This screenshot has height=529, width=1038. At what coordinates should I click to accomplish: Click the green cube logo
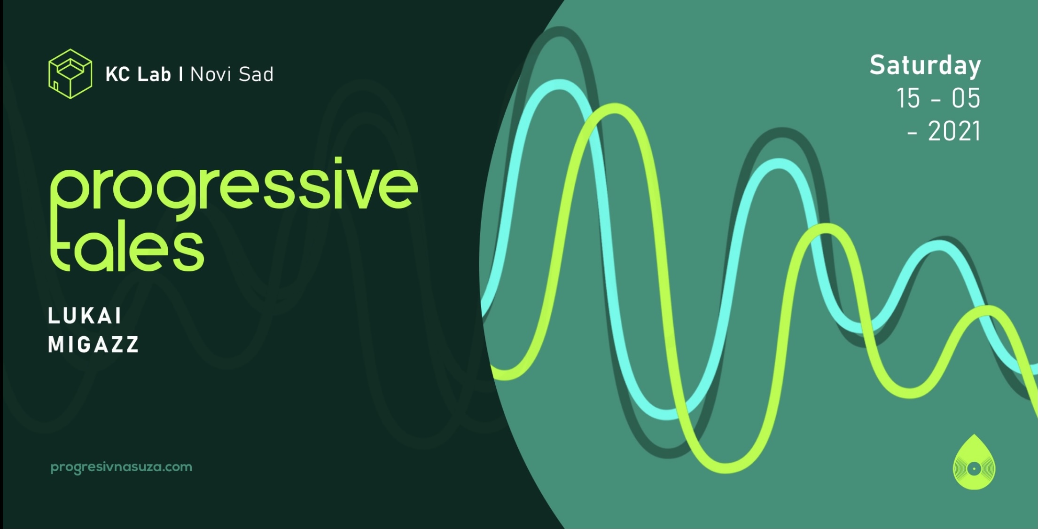pyautogui.click(x=70, y=74)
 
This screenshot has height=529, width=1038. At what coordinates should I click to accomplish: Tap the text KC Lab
pyautogui.click(x=138, y=74)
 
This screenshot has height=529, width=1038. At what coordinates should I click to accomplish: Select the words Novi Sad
pyautogui.click(x=232, y=74)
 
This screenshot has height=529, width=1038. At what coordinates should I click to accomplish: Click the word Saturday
pyautogui.click(x=925, y=66)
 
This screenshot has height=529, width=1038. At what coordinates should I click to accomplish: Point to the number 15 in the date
pyautogui.click(x=908, y=98)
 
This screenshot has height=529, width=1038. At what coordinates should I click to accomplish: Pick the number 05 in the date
pyautogui.click(x=966, y=98)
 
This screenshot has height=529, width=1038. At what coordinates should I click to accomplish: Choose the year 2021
pyautogui.click(x=954, y=131)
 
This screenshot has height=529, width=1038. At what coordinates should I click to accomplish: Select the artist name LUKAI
pyautogui.click(x=85, y=316)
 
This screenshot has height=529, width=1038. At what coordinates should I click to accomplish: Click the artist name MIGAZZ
pyautogui.click(x=94, y=345)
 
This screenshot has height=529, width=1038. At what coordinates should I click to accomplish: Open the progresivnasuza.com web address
pyautogui.click(x=121, y=467)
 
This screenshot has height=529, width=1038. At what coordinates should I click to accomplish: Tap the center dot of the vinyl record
pyautogui.click(x=974, y=468)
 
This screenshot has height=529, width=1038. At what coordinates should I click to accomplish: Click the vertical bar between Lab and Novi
pyautogui.click(x=181, y=74)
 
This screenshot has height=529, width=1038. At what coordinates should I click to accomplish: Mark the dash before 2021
pyautogui.click(x=913, y=134)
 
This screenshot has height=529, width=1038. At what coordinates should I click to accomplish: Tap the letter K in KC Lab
pyautogui.click(x=111, y=74)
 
